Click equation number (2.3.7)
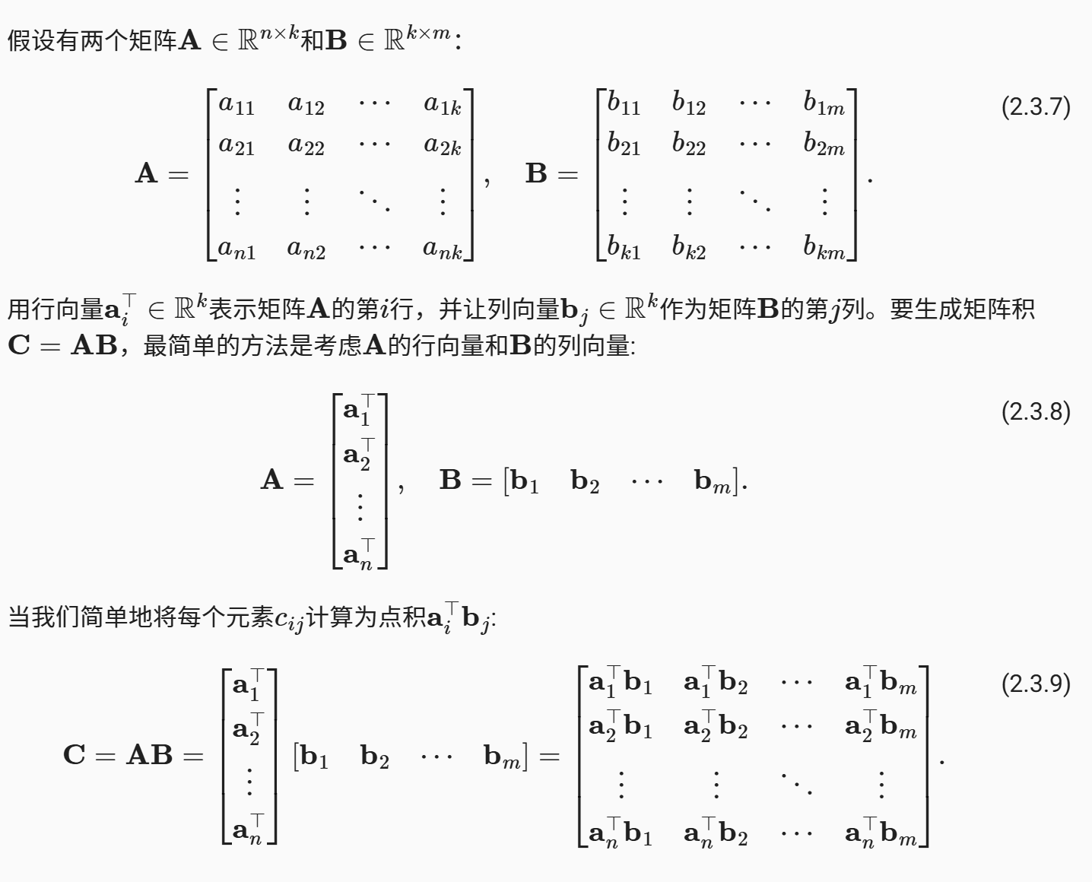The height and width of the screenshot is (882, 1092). click(x=1036, y=106)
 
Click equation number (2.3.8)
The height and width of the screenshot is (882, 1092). click(x=1036, y=411)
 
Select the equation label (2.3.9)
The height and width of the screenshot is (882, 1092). click(x=1036, y=684)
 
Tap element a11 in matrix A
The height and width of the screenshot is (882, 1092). click(x=236, y=104)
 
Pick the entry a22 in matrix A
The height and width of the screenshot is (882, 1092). click(x=306, y=145)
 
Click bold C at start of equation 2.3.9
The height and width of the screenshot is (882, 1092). click(x=75, y=755)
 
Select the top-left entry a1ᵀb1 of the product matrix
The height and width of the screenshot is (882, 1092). click(x=621, y=684)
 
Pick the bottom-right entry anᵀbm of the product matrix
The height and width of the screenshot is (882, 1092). click(x=881, y=834)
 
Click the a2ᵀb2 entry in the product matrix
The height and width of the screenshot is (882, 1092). click(x=716, y=728)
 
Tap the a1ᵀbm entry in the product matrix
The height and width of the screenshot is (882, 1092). click(x=881, y=684)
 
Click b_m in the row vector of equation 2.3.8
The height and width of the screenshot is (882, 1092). click(x=713, y=481)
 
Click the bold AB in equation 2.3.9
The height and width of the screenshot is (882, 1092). click(x=150, y=755)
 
